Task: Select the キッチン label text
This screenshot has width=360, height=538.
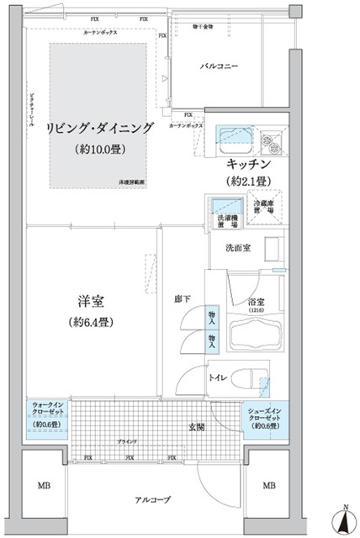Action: [247, 164]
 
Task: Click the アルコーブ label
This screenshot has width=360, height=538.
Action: [153, 500]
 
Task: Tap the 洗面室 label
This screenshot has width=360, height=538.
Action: [236, 248]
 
